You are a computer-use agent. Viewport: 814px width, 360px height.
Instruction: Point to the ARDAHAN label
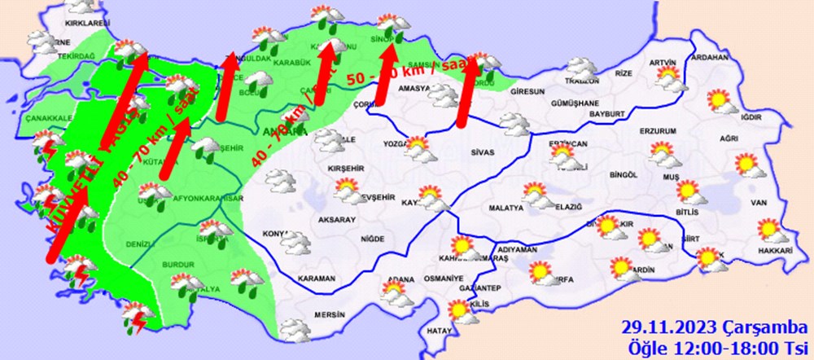click(x=707, y=59)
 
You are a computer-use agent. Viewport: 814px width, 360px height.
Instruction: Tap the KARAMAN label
click(x=317, y=279)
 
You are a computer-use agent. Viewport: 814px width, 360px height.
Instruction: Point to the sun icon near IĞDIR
click(x=719, y=101)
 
